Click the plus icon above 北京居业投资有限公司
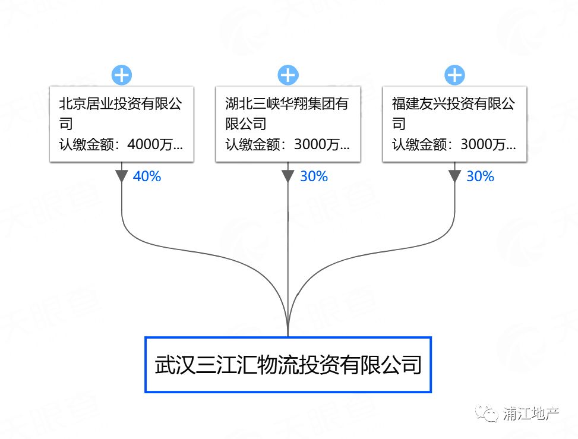coord(122,75)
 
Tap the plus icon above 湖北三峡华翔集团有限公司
coord(288,75)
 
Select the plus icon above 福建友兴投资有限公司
coord(454,75)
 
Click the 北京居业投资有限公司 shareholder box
coord(122,124)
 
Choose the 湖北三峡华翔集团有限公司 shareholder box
coord(288,124)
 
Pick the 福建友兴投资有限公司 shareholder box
coord(454,124)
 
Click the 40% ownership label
coord(147,176)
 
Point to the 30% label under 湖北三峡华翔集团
coord(314,176)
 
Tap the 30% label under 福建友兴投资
coord(480,176)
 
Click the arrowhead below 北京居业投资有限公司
coord(122,176)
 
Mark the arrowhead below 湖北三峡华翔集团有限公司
coord(288,176)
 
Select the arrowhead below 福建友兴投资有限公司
coord(454,176)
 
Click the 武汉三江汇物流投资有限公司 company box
coord(288,365)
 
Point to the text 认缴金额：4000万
coord(121,144)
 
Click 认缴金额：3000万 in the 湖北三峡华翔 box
coord(288,144)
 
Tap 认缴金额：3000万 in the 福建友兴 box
coord(454,144)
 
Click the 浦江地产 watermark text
coord(530,413)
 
